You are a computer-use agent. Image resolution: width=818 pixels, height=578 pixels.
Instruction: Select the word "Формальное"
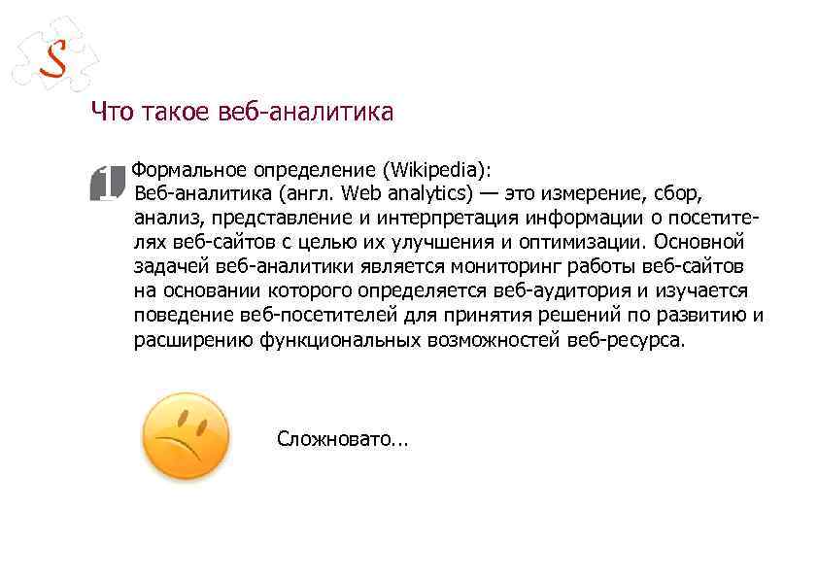coord(185,169)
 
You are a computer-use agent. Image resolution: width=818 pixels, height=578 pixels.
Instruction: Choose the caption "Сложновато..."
coord(343,439)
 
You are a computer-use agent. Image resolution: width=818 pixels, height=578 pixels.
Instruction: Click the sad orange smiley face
coord(186,436)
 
